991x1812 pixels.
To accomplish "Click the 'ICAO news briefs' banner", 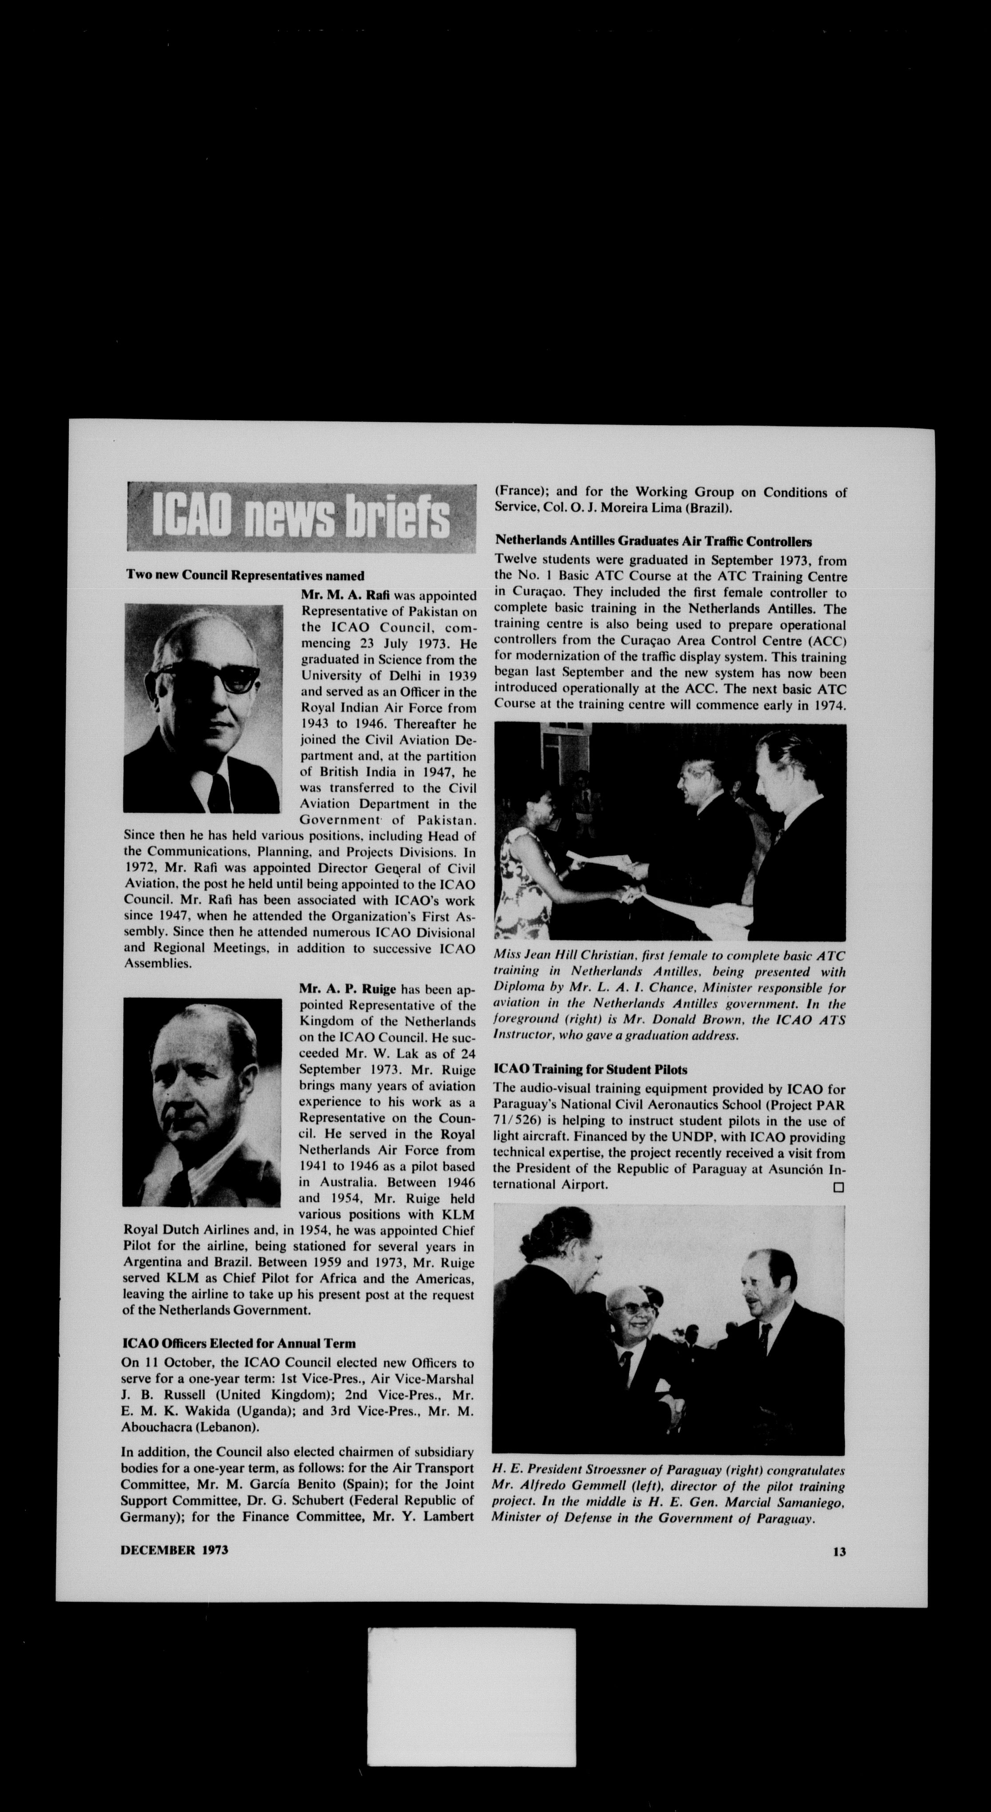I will click(x=301, y=516).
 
